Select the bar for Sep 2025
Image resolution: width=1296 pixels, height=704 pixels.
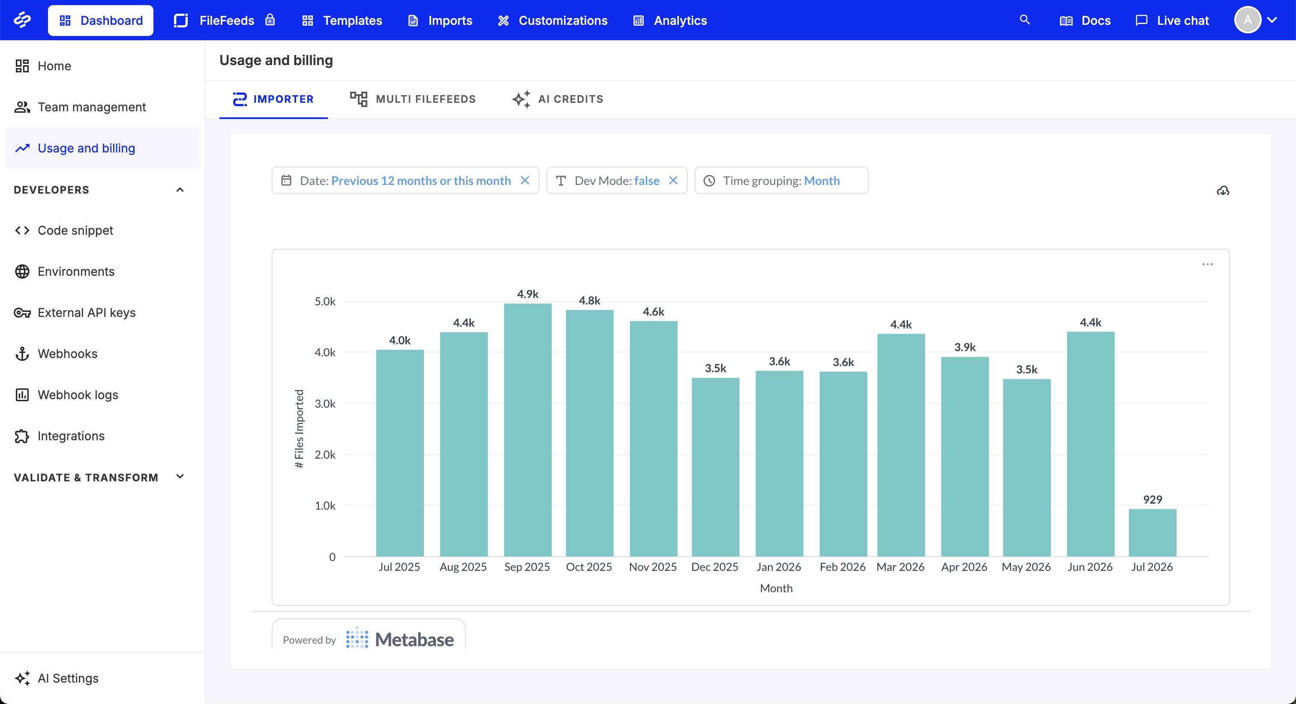527,430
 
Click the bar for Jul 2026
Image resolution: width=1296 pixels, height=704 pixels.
1152,533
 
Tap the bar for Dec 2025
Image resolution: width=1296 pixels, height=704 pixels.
715,467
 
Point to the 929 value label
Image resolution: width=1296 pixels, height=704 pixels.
1152,499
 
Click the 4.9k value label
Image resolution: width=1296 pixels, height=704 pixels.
528,294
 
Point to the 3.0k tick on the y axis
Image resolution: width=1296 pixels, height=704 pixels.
325,404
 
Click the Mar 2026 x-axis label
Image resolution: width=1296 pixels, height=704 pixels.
900,567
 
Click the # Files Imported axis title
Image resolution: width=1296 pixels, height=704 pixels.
299,429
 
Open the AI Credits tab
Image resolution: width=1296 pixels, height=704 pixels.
558,99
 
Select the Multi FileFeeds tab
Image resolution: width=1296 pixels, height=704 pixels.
413,99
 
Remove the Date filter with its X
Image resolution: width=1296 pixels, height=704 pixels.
525,181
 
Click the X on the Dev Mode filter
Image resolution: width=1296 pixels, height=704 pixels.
673,181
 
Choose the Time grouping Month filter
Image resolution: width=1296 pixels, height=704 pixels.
781,181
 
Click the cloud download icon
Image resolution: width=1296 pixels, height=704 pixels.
1223,191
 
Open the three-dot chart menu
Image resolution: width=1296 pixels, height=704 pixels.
1207,265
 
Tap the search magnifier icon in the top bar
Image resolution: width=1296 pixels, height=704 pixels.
1025,20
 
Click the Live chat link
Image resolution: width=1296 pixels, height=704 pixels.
1172,21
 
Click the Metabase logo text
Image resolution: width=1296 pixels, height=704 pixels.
414,640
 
